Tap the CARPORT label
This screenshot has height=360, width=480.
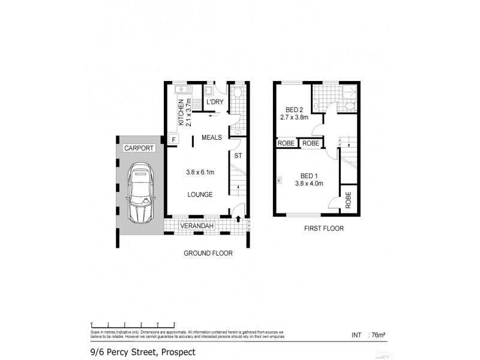point(139,148)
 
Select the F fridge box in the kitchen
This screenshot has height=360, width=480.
point(174,140)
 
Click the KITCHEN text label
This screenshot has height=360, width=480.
point(180,110)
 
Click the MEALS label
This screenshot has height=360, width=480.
point(212,137)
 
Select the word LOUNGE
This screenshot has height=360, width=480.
point(199,194)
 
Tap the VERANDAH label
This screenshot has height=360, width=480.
point(197,226)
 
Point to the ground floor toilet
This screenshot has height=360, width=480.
point(238,92)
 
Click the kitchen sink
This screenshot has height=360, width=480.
point(179,89)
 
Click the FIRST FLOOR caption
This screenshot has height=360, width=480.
point(324,229)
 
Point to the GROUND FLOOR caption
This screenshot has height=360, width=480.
point(208,253)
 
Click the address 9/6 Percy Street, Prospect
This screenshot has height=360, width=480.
point(139,352)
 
